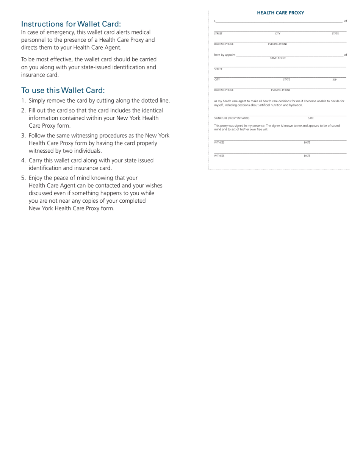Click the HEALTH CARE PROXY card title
tap(280, 13)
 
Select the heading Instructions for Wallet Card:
tap(71, 24)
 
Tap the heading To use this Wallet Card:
tap(63, 90)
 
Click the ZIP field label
tap(334, 80)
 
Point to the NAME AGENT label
tap(277, 58)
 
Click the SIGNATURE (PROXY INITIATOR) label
tap(232, 118)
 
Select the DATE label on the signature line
tap(310, 118)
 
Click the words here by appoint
tap(225, 55)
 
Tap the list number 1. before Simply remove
tap(23, 101)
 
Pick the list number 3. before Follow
tap(23, 136)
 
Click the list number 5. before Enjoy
tap(23, 178)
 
